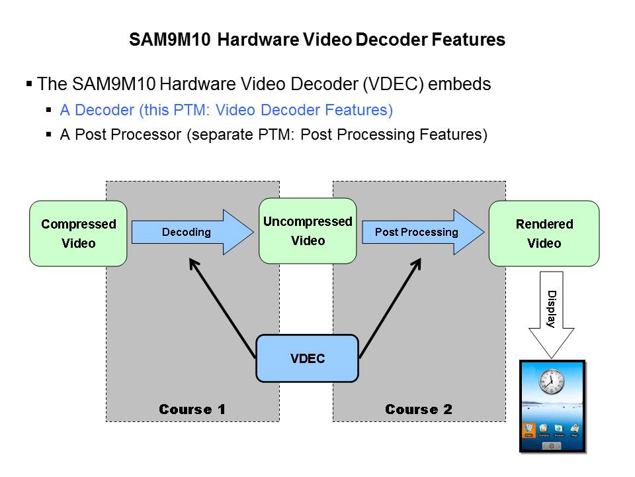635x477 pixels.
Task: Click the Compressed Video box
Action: [x=78, y=233]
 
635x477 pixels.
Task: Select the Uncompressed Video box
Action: [x=308, y=231]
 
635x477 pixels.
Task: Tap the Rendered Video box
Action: [x=544, y=233]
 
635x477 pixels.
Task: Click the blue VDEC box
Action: [x=307, y=358]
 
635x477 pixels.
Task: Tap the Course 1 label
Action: [x=192, y=409]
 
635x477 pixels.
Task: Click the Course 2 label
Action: [x=419, y=409]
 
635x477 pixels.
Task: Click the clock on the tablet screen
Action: [x=550, y=381]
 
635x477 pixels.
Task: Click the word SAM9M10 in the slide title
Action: [x=170, y=40]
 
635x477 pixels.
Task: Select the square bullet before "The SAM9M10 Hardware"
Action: [x=29, y=84]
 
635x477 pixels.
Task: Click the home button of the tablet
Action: [x=552, y=446]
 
